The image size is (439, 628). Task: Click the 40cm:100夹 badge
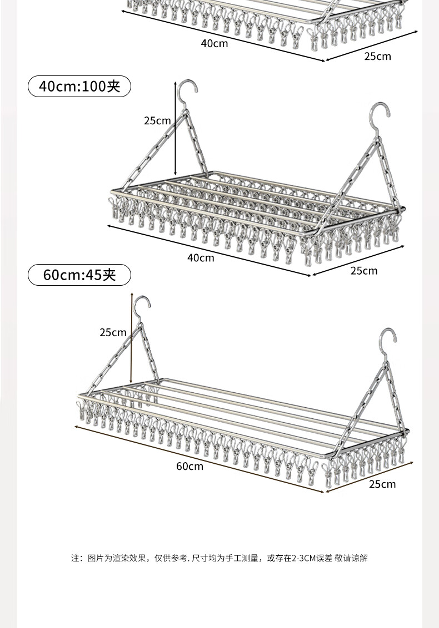79,86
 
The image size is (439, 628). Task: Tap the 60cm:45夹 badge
79,275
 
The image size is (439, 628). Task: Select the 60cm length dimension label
190,466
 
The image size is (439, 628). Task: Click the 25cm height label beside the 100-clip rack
157,120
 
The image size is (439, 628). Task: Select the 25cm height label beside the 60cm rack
113,332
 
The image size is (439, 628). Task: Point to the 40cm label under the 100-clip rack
201,257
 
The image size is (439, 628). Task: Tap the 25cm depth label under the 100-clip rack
363,271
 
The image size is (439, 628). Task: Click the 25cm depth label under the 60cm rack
382,484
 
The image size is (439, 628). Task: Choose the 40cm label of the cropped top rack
214,43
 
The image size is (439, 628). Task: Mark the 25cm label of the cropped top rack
377,56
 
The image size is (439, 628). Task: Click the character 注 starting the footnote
76,558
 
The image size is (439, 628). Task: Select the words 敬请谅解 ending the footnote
351,558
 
